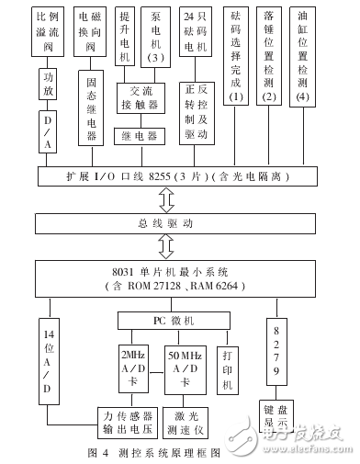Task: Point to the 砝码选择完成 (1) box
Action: pos(238,56)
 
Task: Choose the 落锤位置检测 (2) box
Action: pos(269,56)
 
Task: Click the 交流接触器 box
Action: pos(140,98)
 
